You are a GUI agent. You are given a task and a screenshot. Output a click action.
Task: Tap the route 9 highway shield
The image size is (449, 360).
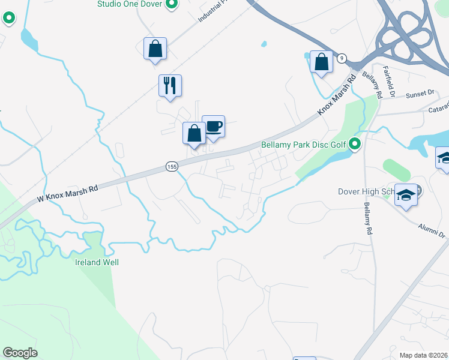(x=342, y=58)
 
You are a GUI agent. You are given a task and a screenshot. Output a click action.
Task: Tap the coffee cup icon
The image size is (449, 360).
(x=213, y=127)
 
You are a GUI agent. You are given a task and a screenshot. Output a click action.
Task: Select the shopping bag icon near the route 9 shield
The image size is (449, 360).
(x=322, y=61)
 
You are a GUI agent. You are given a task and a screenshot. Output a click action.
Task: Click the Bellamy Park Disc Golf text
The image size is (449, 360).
(x=304, y=145)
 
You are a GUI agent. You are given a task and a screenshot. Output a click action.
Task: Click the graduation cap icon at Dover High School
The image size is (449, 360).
(x=406, y=196)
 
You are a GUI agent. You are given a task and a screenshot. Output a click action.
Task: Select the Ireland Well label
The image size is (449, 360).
(x=97, y=262)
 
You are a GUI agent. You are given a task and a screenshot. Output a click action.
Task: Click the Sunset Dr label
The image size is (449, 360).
(x=420, y=94)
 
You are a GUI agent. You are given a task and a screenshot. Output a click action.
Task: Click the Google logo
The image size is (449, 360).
(x=20, y=353)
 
